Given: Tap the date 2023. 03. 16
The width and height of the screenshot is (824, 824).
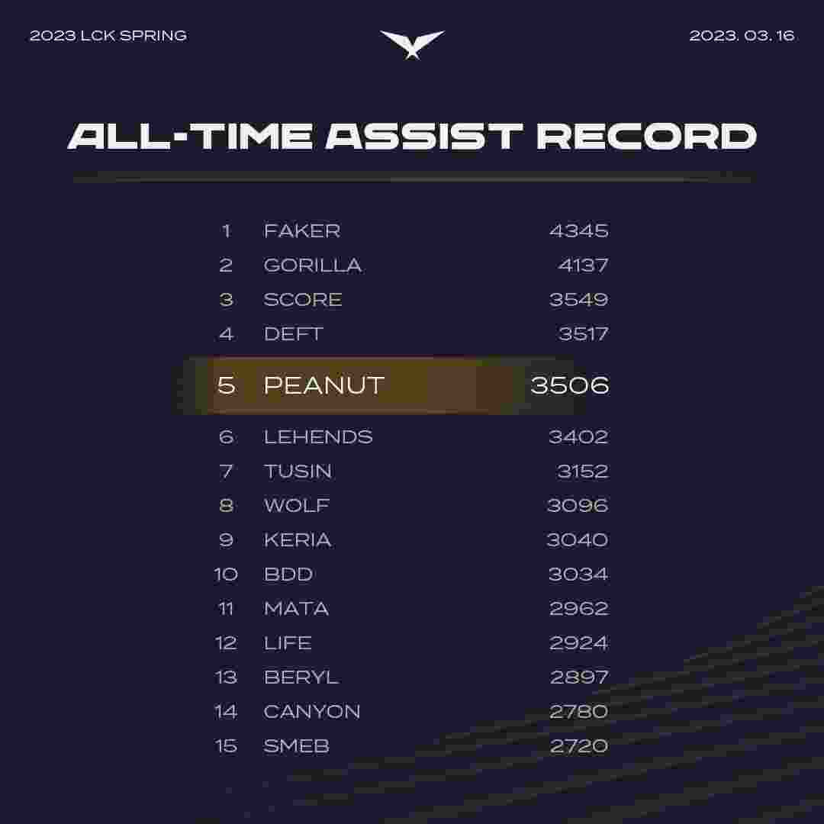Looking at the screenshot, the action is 742,36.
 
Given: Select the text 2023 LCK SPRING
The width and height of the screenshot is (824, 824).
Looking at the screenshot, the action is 108,36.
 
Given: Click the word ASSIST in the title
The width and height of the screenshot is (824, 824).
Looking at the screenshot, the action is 424,137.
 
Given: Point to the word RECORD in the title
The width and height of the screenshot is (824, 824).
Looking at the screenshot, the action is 646,137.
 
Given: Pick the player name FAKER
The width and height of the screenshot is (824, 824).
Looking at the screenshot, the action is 302,230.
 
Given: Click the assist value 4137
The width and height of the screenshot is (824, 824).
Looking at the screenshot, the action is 584,266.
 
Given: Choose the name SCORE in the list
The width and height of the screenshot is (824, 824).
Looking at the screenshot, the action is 303,300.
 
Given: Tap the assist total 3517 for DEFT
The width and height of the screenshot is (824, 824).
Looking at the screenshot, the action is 584,333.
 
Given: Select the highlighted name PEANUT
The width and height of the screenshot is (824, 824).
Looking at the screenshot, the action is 324,385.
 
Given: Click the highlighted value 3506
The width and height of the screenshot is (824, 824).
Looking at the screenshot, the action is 570,385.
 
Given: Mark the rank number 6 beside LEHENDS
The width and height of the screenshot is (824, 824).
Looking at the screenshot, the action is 227,436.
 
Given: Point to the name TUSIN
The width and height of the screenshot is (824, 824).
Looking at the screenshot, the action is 298,472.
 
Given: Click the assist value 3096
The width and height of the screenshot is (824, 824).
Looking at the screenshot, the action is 578,506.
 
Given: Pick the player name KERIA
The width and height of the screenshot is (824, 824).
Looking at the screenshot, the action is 298,539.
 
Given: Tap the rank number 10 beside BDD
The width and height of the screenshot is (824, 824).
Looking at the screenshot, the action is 226,575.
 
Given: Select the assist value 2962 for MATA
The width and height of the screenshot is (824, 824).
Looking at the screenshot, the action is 578,609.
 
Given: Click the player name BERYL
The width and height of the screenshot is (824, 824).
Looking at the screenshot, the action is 301,678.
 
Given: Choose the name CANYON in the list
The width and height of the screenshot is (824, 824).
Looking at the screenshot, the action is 311,712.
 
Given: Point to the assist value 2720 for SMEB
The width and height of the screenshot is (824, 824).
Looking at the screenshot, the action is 579,746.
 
